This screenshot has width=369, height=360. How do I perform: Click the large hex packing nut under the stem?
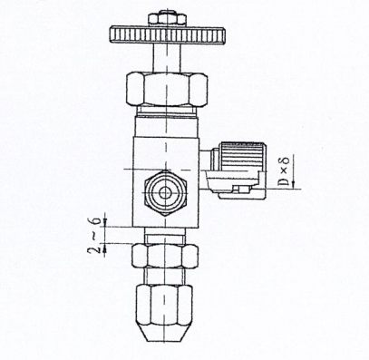(x=164, y=90)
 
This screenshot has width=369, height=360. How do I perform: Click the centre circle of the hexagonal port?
(x=164, y=193)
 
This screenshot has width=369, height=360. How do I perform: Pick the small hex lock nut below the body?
(x=164, y=256)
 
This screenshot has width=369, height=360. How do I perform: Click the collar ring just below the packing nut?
(x=164, y=115)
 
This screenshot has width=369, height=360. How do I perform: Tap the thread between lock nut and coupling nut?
(x=164, y=274)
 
